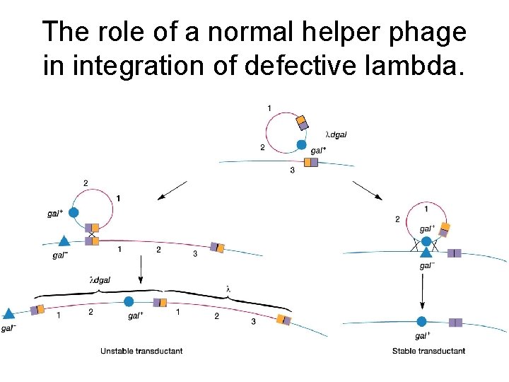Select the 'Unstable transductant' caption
tap(141, 351)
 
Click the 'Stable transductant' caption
tap(429, 351)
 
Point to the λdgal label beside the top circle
tap(336, 134)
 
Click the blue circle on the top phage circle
tap(301, 145)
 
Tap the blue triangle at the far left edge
tap(9, 313)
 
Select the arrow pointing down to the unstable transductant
tap(142, 269)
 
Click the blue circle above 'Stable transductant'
tap(422, 322)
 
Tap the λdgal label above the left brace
tap(100, 280)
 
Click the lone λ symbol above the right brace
tap(228, 288)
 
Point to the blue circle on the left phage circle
tap(73, 212)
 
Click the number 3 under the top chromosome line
tap(292, 170)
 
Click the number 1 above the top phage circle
tap(269, 108)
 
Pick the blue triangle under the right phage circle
tap(426, 253)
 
